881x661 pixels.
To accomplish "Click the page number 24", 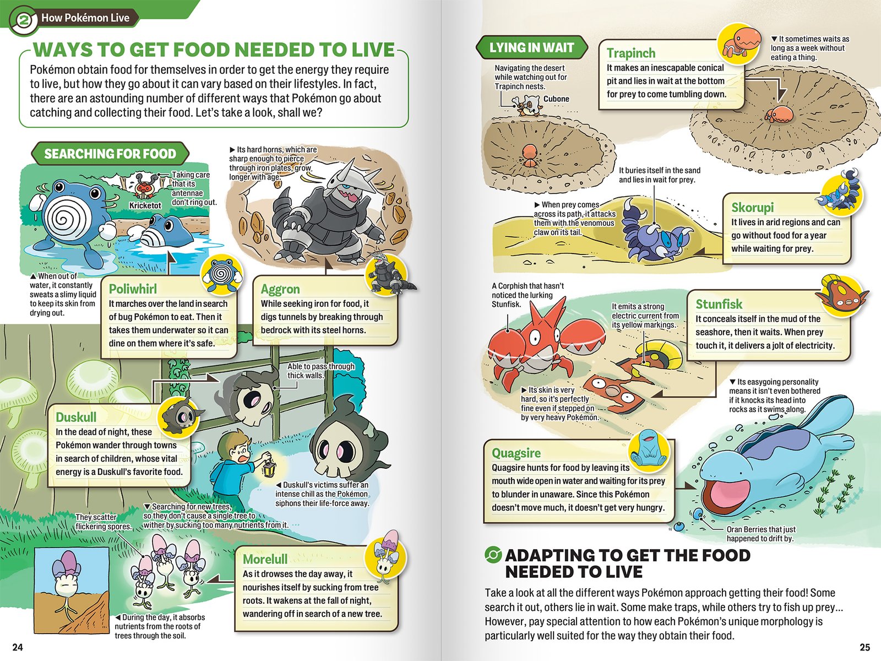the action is pyautogui.click(x=18, y=647).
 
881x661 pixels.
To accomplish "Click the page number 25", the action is pyautogui.click(x=864, y=647).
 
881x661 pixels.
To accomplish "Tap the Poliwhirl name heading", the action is pyautogui.click(x=133, y=289).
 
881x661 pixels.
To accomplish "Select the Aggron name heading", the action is pyautogui.click(x=280, y=289).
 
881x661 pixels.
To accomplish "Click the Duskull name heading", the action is pyautogui.click(x=76, y=418).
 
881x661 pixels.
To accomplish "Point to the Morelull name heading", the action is pyautogui.click(x=265, y=559).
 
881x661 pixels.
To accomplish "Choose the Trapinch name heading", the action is pyautogui.click(x=631, y=53).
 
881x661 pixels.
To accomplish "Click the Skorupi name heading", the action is pyautogui.click(x=753, y=208).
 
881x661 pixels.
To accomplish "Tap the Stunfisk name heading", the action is pyautogui.click(x=719, y=304).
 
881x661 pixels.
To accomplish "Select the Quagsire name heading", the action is pyautogui.click(x=516, y=453).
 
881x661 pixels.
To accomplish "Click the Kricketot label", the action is pyautogui.click(x=145, y=205).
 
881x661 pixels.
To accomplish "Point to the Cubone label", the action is pyautogui.click(x=556, y=99).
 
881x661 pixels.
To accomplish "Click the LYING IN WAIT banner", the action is pyautogui.click(x=531, y=47).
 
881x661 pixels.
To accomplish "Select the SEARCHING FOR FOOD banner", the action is pyautogui.click(x=110, y=154).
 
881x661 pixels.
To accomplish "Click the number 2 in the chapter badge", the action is pyautogui.click(x=23, y=19).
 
